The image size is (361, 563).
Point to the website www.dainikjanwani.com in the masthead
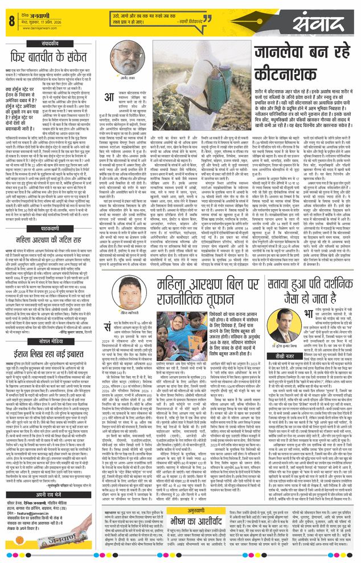[40, 26]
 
